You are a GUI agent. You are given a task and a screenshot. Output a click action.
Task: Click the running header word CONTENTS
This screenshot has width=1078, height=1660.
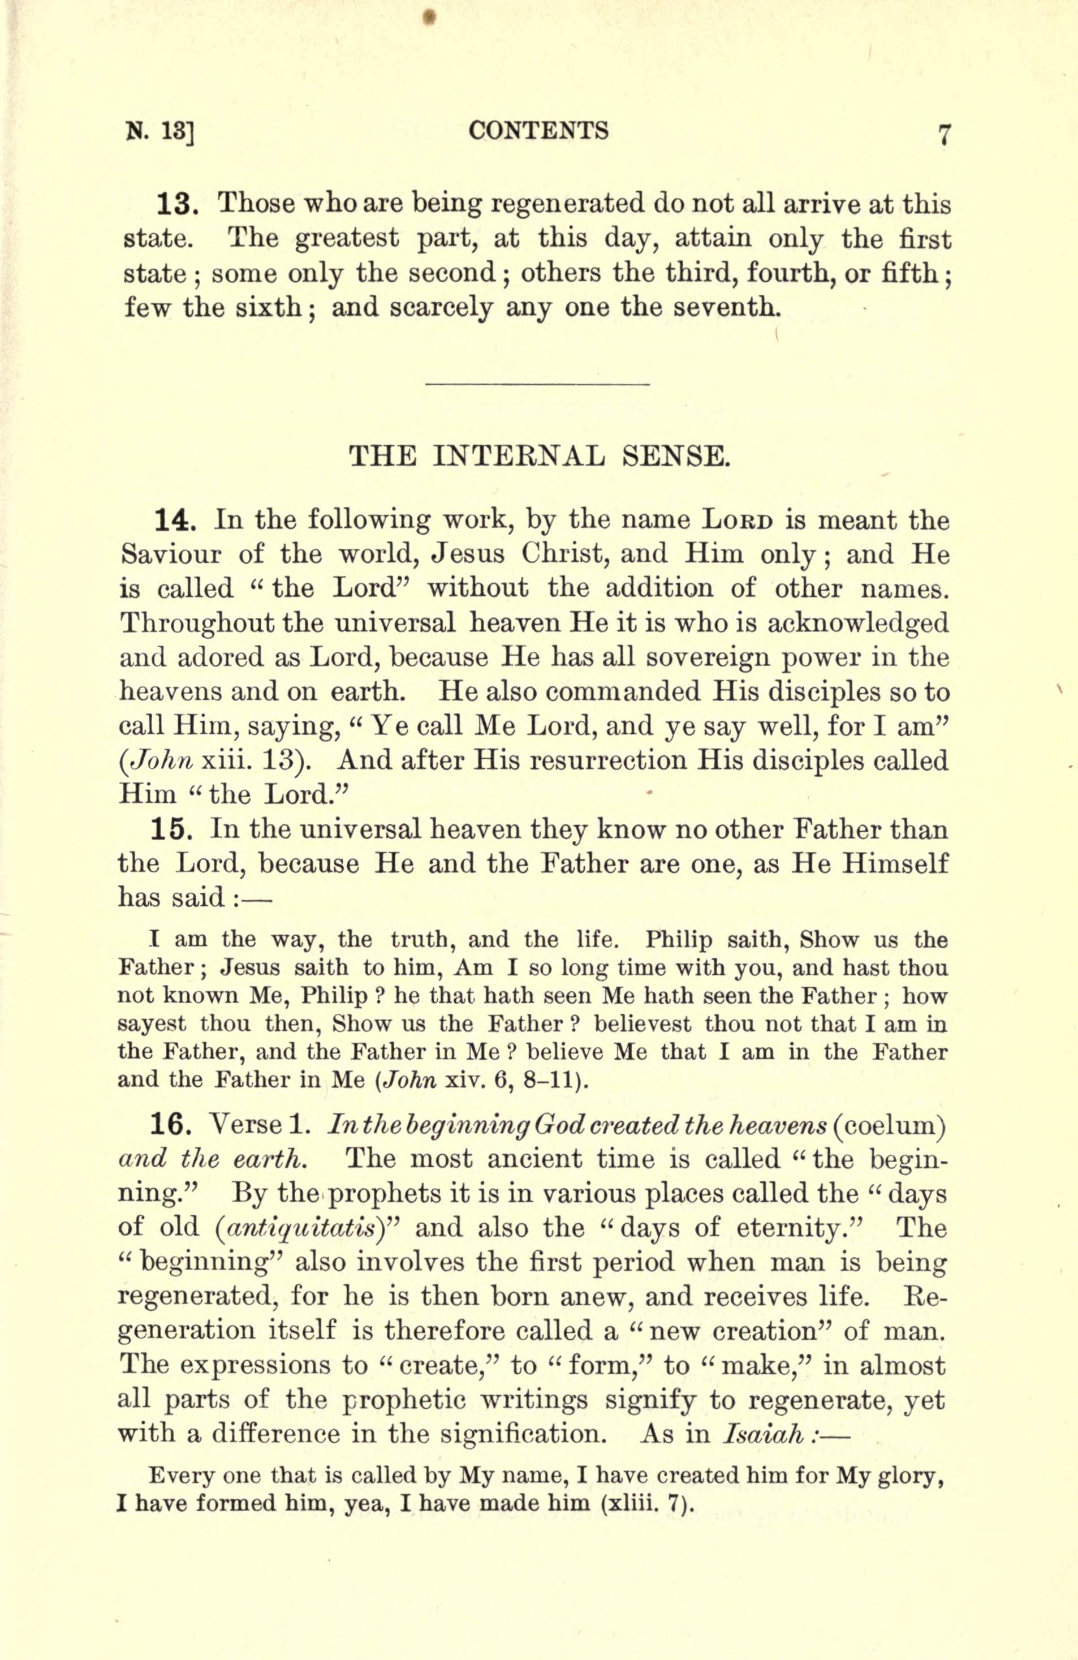pos(538,131)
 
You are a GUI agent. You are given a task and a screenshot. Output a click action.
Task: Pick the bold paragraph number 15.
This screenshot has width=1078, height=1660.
pos(176,830)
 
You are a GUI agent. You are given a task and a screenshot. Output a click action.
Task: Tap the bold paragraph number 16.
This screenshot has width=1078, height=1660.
pos(176,1125)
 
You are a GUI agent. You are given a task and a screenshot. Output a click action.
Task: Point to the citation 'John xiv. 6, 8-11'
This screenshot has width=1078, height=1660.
pos(485,1081)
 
